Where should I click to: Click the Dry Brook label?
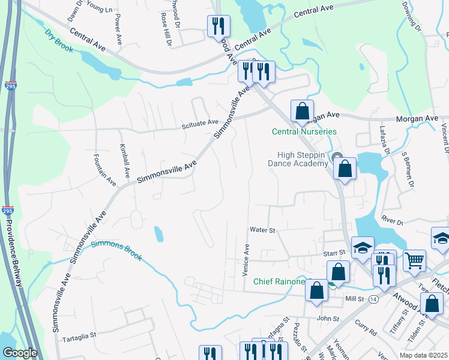click(x=59, y=41)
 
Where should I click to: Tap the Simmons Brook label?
click(x=116, y=250)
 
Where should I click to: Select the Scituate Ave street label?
click(x=200, y=122)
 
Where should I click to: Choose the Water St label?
click(x=262, y=230)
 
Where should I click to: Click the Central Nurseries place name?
click(x=304, y=131)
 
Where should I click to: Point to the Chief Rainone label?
click(x=279, y=281)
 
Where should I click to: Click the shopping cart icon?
click(x=414, y=260)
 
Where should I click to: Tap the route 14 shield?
click(x=373, y=299)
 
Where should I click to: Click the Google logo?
click(x=20, y=353)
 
